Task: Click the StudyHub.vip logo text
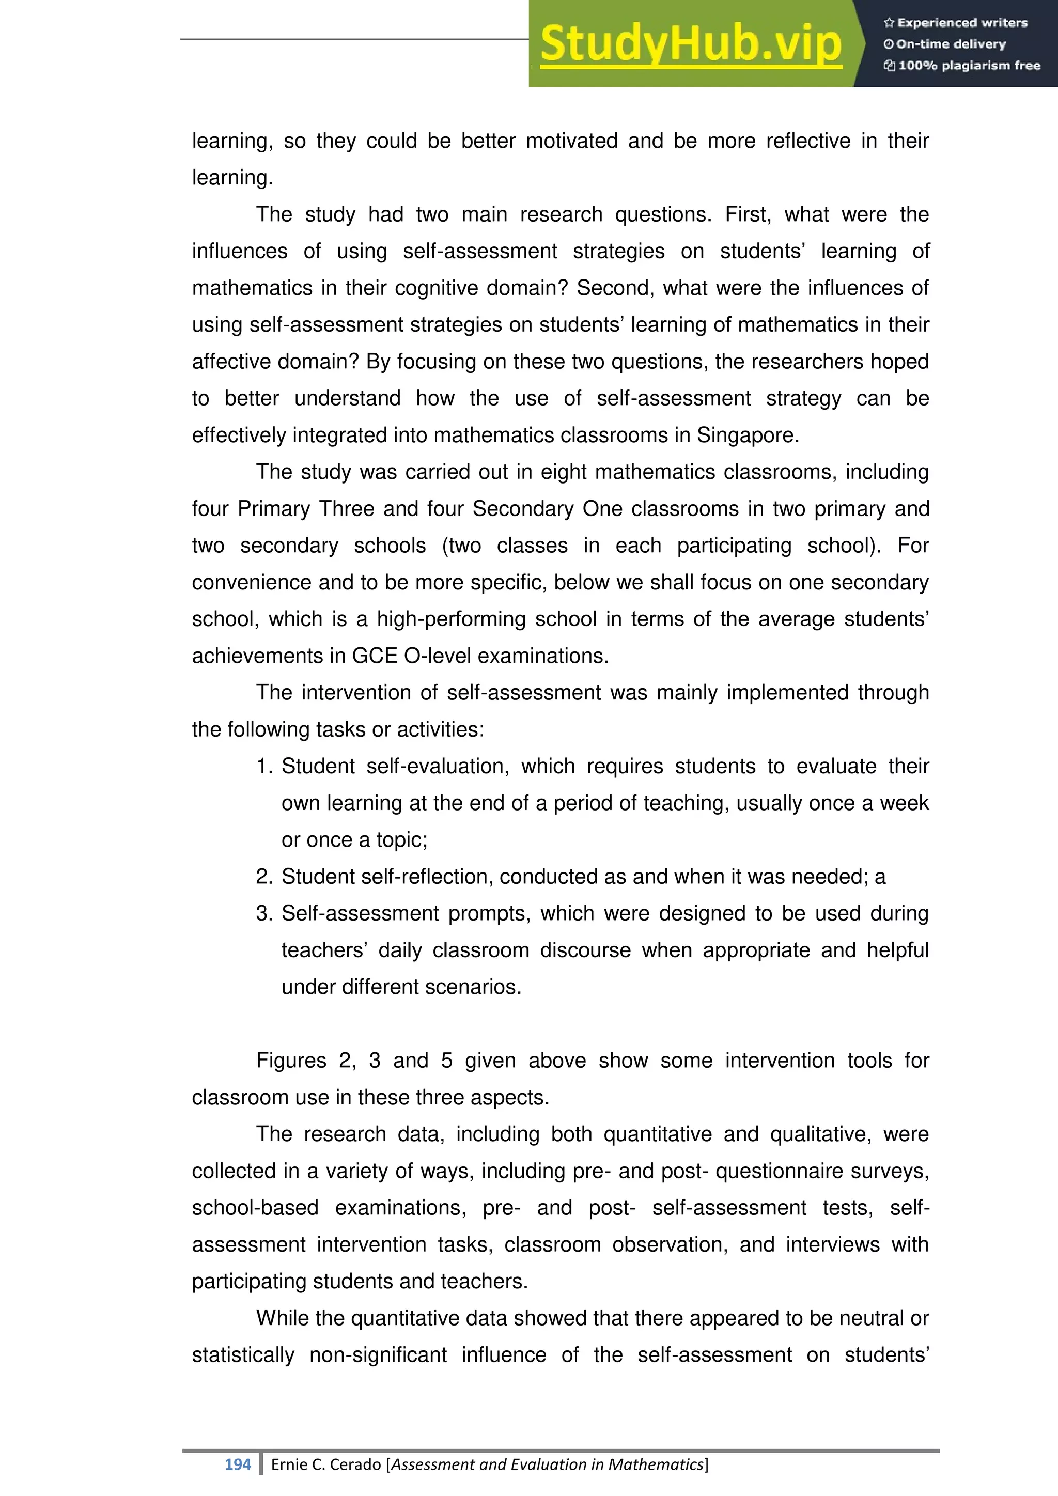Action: (691, 44)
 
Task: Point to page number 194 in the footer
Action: (237, 1464)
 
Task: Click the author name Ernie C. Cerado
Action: (326, 1464)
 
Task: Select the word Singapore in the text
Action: (746, 435)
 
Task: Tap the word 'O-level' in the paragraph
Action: (439, 656)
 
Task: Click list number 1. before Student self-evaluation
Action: (264, 766)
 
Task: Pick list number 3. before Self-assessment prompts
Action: (264, 913)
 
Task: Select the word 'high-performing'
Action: (451, 619)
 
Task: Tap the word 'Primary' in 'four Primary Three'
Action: (274, 509)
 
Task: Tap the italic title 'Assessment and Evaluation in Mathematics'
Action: (547, 1464)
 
